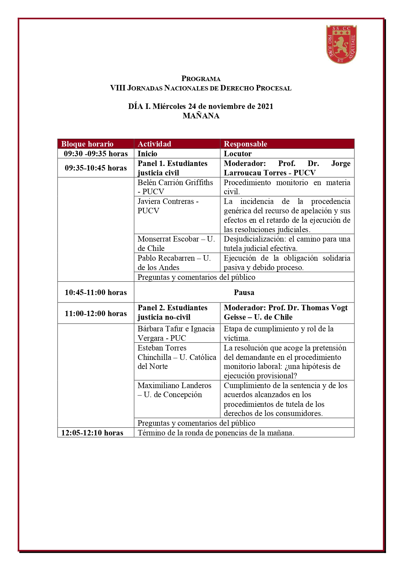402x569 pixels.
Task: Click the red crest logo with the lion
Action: point(341,44)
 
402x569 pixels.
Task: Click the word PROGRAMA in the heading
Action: point(201,78)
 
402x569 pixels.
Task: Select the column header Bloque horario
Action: point(87,144)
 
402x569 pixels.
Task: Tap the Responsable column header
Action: point(245,144)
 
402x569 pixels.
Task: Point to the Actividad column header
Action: point(154,144)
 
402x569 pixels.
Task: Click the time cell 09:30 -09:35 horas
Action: point(96,154)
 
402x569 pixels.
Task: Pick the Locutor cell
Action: point(237,154)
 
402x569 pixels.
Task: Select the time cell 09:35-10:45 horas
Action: point(96,168)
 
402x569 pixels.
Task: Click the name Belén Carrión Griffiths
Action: point(175,183)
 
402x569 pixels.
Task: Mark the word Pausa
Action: point(244,292)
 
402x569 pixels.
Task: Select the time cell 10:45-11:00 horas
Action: point(96,292)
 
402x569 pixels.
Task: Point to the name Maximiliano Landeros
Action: point(174,385)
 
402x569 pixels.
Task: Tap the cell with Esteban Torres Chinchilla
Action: point(177,357)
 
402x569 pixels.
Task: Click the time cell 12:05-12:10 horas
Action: point(92,433)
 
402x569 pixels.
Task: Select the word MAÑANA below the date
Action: point(201,116)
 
